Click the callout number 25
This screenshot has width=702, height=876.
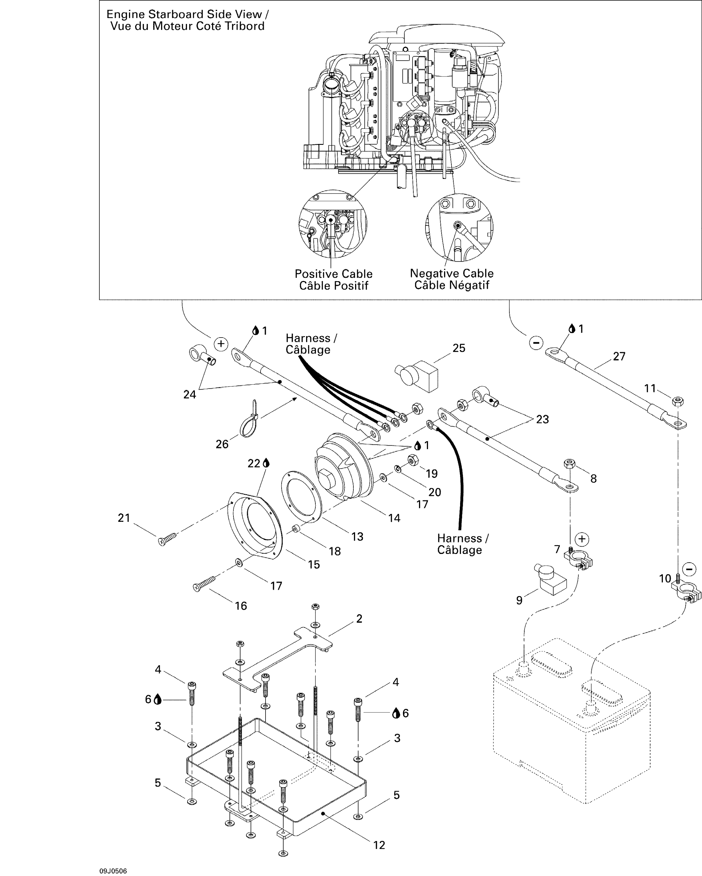(459, 348)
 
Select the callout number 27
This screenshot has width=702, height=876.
(619, 356)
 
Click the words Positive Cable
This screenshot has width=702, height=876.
(333, 274)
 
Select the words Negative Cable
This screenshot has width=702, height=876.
(451, 273)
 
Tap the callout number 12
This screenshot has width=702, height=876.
(379, 845)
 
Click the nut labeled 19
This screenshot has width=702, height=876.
(413, 460)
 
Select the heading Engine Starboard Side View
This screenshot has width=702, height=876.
(187, 15)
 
